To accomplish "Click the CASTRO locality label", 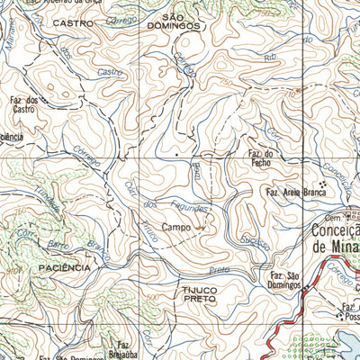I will [x=73, y=22].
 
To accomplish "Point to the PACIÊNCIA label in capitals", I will [x=65, y=268].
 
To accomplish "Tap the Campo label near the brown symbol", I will [x=176, y=228].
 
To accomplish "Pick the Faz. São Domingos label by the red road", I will [x=284, y=279].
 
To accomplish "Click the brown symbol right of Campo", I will [x=199, y=228].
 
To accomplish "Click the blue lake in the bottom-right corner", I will [x=346, y=346].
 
